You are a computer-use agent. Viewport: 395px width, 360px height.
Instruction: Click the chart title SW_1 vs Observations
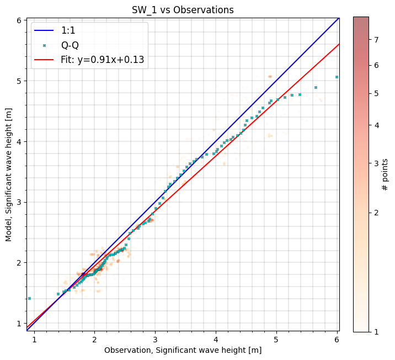point(183,10)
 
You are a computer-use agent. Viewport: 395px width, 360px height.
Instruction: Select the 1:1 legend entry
point(68,31)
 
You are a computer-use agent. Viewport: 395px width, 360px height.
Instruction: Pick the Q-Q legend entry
point(70,45)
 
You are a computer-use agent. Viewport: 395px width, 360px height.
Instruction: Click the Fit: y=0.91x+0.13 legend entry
point(103,60)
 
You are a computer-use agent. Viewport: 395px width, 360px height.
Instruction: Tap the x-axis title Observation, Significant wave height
point(183,350)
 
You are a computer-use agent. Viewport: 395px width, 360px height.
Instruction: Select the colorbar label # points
point(386,174)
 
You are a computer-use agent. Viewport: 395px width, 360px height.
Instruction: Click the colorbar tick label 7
point(376,39)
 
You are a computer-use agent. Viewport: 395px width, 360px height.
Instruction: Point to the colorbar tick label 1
point(376,331)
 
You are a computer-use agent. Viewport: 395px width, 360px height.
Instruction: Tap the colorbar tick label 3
point(376,163)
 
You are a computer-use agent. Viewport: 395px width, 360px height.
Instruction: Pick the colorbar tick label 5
point(376,93)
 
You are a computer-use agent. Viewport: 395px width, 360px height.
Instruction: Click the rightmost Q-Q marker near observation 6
point(337,77)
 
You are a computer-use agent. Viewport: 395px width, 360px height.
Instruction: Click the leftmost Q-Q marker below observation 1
point(29,298)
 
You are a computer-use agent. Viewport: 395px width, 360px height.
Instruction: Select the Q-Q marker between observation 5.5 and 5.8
point(316,87)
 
